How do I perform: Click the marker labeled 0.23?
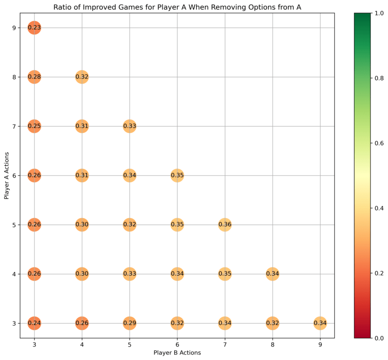click(x=34, y=28)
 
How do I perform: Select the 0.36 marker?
click(x=225, y=225)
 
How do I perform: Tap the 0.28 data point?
click(x=34, y=77)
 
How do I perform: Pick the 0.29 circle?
click(x=129, y=323)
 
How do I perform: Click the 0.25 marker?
click(x=34, y=126)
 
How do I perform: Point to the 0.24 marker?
click(x=34, y=323)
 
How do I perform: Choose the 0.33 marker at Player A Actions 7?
click(x=129, y=126)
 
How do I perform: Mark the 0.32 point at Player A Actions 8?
click(x=81, y=77)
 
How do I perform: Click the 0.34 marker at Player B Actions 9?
click(x=320, y=323)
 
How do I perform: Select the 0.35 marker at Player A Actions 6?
click(x=177, y=175)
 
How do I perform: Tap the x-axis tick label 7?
click(x=225, y=344)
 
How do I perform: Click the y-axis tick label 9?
click(x=15, y=28)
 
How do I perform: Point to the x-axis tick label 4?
click(x=81, y=344)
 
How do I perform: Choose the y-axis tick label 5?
click(x=15, y=225)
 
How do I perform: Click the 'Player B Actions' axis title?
click(x=177, y=353)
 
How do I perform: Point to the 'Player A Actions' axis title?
click(x=6, y=175)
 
